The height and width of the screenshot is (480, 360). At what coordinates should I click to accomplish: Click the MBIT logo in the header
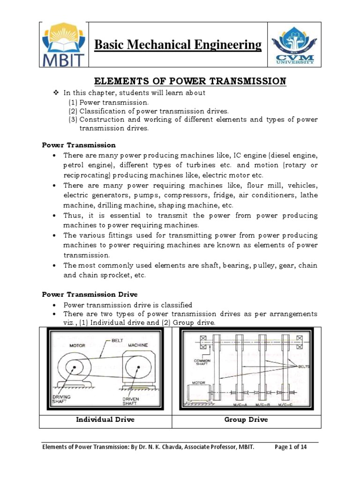tap(64, 45)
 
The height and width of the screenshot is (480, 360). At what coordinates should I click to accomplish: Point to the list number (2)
tap(73, 111)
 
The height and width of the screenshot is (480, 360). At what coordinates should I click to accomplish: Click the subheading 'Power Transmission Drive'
tap(90, 294)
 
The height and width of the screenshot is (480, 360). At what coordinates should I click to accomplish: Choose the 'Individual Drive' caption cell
tap(105, 420)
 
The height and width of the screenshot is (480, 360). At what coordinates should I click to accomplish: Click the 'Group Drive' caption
tap(246, 420)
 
